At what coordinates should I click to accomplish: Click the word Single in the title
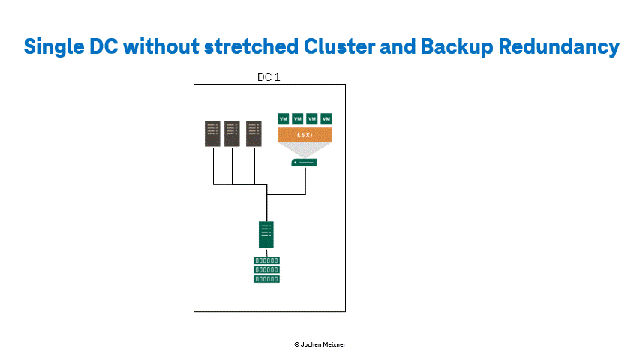pyautogui.click(x=53, y=47)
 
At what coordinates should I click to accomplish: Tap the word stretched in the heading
pyautogui.click(x=251, y=46)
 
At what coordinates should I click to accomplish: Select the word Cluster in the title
pyautogui.click(x=340, y=46)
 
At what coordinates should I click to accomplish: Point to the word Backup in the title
pyautogui.click(x=457, y=47)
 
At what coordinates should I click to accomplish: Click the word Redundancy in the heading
pyautogui.click(x=559, y=47)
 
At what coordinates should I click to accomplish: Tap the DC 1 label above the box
pyautogui.click(x=269, y=77)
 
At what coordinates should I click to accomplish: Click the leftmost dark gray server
pyautogui.click(x=212, y=133)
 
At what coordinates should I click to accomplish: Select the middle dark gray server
pyautogui.click(x=233, y=133)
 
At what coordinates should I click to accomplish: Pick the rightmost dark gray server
pyautogui.click(x=254, y=133)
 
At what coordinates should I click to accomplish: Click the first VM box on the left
pyautogui.click(x=284, y=118)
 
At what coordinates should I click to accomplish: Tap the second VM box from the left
pyautogui.click(x=298, y=118)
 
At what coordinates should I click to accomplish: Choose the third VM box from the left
pyautogui.click(x=312, y=118)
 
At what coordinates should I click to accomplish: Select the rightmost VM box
pyautogui.click(x=326, y=118)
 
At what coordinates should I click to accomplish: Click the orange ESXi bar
pyautogui.click(x=305, y=135)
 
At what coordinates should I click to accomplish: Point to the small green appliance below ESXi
pyautogui.click(x=304, y=163)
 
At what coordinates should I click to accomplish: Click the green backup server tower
pyautogui.click(x=266, y=235)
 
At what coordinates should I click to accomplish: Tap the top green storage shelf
pyautogui.click(x=266, y=260)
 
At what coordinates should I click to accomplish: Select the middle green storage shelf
pyautogui.click(x=266, y=270)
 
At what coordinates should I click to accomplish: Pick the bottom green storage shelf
pyautogui.click(x=266, y=279)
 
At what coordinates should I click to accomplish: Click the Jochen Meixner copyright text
pyautogui.click(x=320, y=344)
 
